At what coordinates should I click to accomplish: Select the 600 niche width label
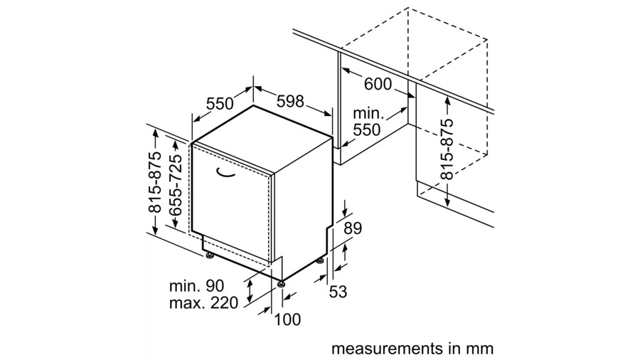click(x=378, y=84)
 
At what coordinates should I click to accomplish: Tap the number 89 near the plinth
click(x=353, y=229)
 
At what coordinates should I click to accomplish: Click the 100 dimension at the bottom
click(x=287, y=319)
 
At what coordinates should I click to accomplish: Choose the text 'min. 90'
click(x=196, y=286)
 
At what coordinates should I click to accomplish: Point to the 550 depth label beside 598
click(x=220, y=104)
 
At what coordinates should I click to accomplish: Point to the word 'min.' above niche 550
click(x=368, y=113)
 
